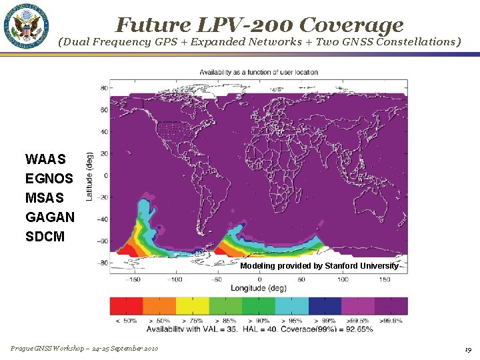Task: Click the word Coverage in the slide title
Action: [x=351, y=25]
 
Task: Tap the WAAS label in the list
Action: [x=45, y=159]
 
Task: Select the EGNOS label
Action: [x=49, y=179]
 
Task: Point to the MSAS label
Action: [x=45, y=198]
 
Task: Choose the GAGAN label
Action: [x=50, y=217]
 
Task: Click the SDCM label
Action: [x=45, y=237]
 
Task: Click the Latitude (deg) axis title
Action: [x=89, y=176]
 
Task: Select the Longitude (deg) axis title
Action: [x=259, y=288]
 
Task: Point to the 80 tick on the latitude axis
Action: [x=104, y=87]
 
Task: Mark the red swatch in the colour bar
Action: [x=127, y=306]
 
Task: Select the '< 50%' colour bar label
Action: [x=127, y=321]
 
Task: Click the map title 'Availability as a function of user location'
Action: [x=259, y=72]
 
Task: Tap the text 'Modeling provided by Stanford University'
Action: [x=319, y=266]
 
